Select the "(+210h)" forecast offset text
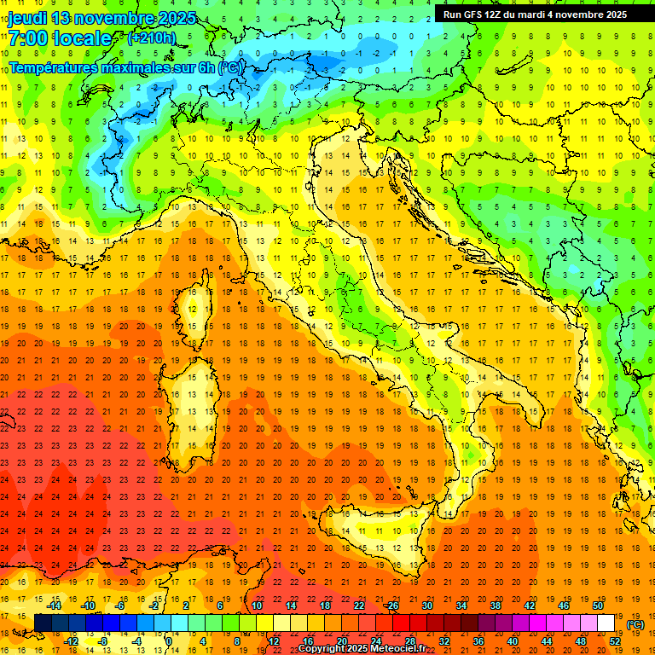[x=151, y=38]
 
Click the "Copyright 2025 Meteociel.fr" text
[x=368, y=648]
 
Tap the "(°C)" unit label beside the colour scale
[x=635, y=624]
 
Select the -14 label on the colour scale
[x=54, y=606]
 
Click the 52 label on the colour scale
[x=614, y=641]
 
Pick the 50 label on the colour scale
[x=597, y=606]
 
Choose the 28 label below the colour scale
[x=409, y=641]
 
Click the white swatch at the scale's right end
[x=606, y=623]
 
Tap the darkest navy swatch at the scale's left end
[x=43, y=623]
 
